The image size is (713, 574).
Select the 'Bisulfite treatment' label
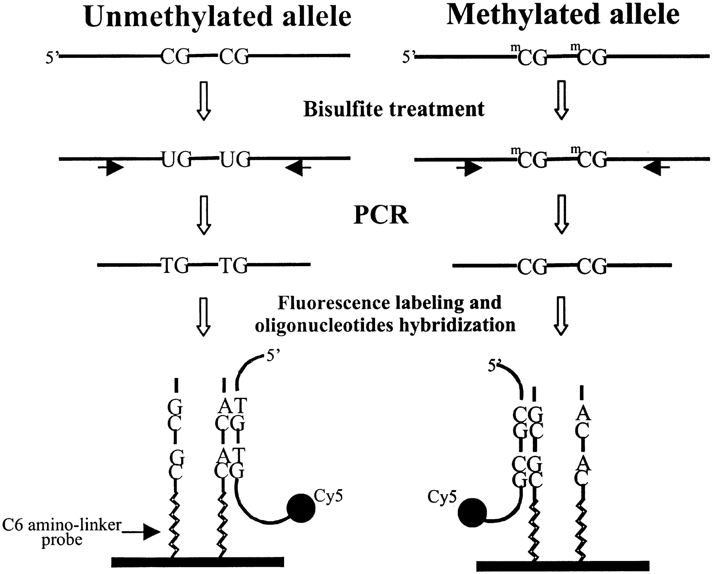394,109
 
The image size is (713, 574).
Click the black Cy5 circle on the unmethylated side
301,508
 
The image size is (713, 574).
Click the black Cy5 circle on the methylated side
472,513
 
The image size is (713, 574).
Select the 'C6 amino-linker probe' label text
62,532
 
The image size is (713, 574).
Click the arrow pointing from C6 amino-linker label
140,533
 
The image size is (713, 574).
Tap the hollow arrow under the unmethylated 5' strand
204,101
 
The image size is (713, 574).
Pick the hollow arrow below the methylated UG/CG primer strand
561,214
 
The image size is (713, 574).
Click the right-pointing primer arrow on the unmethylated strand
111,168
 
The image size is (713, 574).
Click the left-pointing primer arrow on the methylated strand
656,168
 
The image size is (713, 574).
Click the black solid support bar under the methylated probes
563,566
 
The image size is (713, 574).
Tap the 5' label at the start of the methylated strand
408,57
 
